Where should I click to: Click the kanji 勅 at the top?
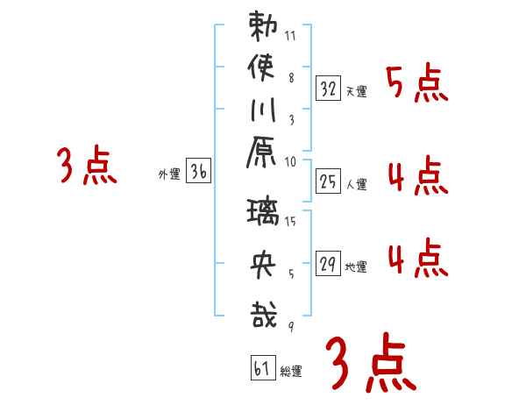coord(262,27)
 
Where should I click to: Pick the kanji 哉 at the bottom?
coord(262,314)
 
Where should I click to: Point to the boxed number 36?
coord(198,173)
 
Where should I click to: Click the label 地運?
coord(356,267)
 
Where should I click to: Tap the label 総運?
coord(291,373)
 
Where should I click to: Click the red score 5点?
coord(416,86)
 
